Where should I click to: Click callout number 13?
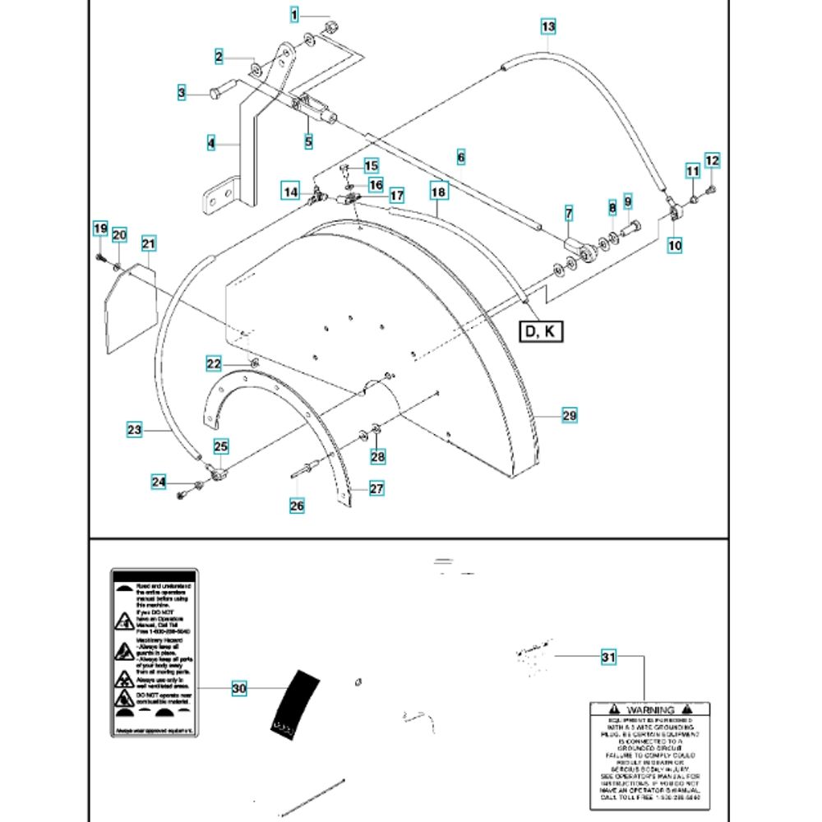tap(548, 27)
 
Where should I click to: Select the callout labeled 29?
tap(570, 417)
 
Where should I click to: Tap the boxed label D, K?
tap(540, 331)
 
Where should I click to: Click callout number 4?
tap(211, 143)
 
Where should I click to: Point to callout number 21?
tap(149, 243)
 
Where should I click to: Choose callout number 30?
tap(239, 689)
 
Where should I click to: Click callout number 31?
tap(608, 658)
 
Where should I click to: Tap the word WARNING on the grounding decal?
tap(650, 709)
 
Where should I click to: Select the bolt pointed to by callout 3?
tap(216, 92)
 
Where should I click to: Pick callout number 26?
tap(297, 506)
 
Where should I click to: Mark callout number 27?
tap(376, 489)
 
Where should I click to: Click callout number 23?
tap(135, 428)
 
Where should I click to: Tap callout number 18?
tap(438, 191)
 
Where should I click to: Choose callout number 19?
tap(99, 228)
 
